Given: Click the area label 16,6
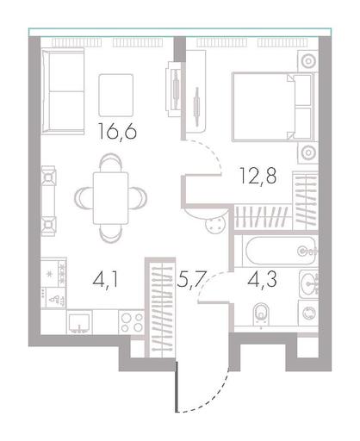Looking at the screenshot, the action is click(117, 131).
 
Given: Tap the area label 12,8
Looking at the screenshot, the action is click(258, 176).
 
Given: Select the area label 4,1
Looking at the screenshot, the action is click(105, 280).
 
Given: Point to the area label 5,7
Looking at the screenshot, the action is click(191, 280).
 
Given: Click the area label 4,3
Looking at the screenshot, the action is click(262, 279).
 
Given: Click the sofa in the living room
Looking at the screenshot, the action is click(63, 91).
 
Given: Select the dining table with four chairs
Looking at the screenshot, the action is click(110, 198).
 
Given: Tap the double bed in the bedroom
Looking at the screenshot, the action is click(274, 107).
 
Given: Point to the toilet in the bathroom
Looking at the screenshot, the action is click(261, 314).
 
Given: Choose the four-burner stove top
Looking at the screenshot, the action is click(132, 322).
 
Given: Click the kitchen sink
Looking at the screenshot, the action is click(79, 323).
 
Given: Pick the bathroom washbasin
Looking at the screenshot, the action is click(309, 284).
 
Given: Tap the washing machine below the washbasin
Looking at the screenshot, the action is click(308, 313).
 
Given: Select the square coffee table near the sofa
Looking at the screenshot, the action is click(116, 96).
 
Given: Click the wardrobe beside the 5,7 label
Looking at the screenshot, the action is click(162, 307).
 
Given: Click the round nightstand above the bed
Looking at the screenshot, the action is click(308, 61).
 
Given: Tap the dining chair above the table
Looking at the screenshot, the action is click(110, 162).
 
